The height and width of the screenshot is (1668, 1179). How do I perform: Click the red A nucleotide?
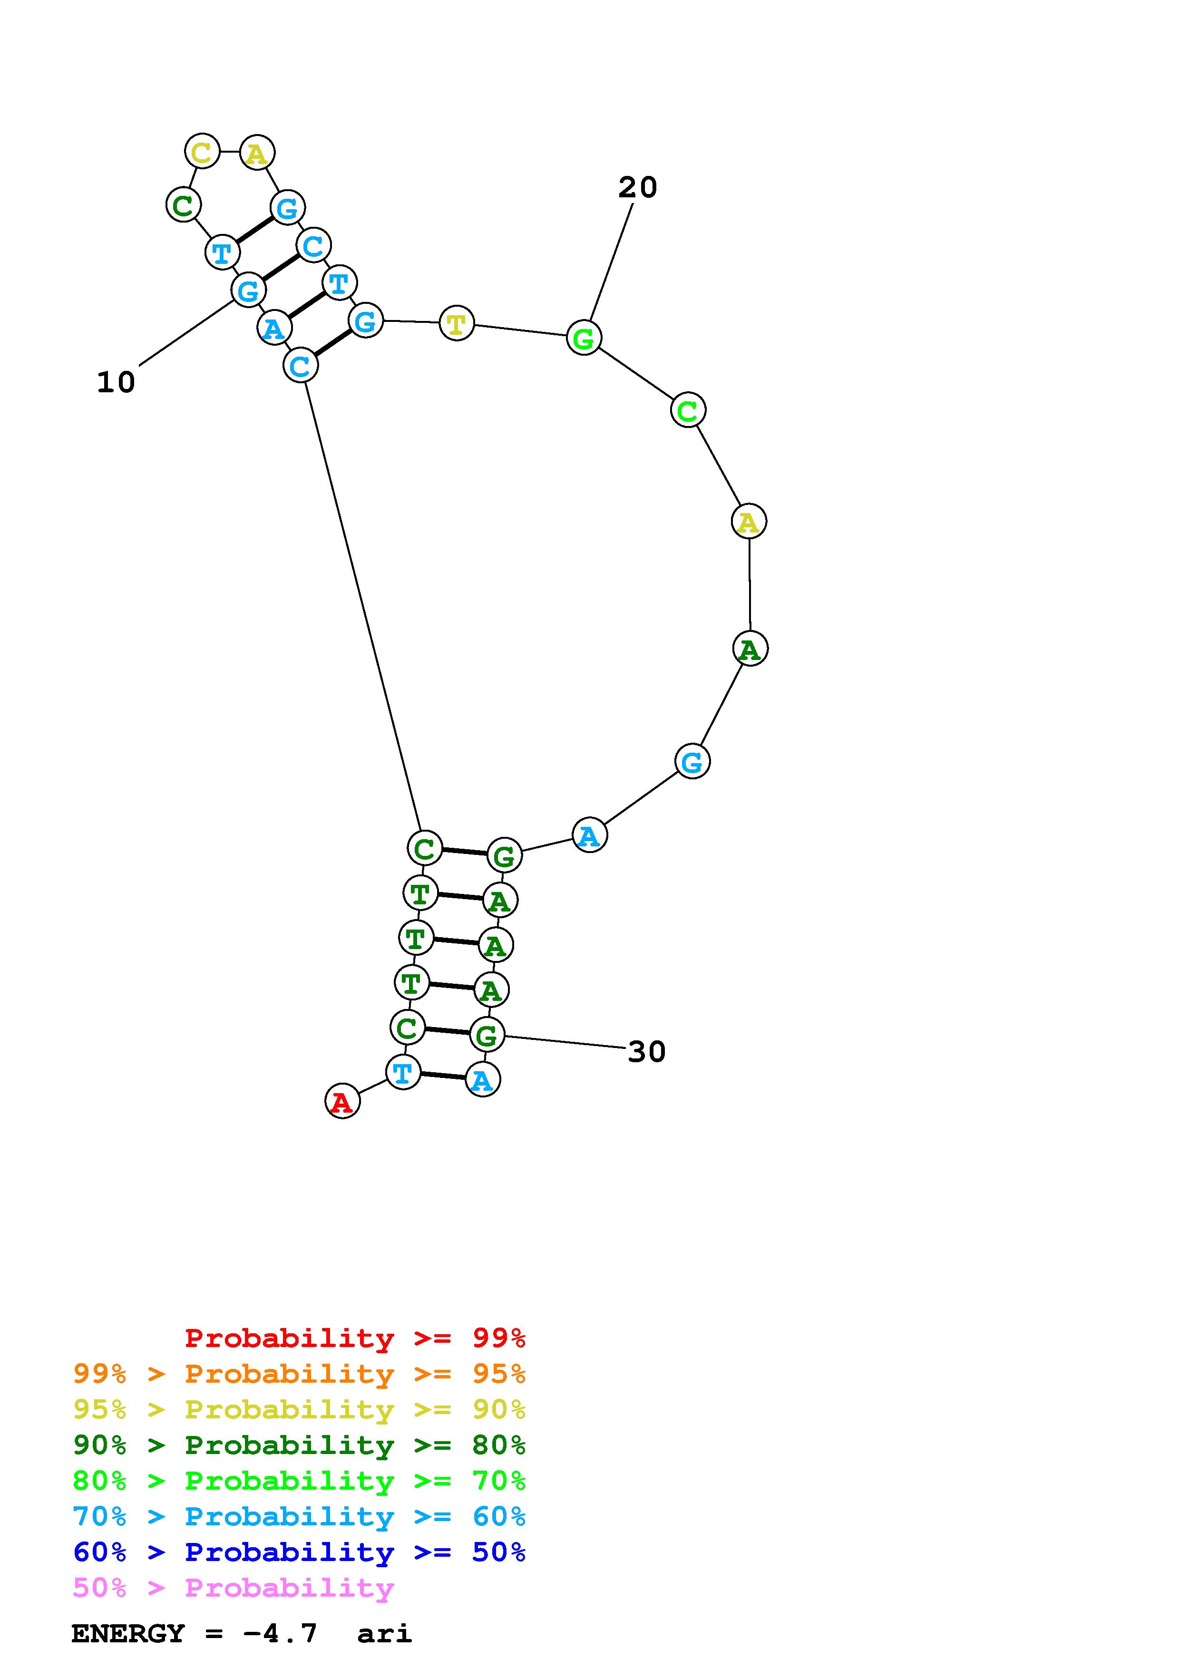342,1101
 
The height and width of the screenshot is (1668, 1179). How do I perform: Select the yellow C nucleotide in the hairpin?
202,151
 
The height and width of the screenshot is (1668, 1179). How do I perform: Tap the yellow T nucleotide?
456,323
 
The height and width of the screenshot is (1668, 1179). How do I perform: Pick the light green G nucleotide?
584,338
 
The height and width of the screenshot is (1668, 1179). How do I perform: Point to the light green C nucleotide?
687,410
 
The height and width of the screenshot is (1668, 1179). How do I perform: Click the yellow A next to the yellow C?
256,153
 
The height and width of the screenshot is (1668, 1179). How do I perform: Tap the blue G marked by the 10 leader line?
248,291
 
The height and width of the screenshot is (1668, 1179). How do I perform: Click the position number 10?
116,382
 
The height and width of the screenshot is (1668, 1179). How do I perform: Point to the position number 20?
638,187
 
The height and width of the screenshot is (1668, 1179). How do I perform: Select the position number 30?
646,1051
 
